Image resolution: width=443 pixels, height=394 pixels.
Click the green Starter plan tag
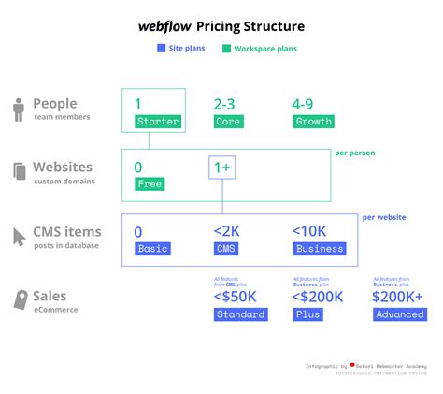click(x=156, y=122)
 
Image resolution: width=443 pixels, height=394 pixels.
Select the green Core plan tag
click(x=227, y=122)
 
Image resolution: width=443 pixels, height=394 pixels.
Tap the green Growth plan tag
click(x=313, y=122)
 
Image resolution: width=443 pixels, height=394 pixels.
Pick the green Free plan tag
click(x=150, y=184)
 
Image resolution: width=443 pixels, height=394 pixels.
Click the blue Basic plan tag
click(x=152, y=249)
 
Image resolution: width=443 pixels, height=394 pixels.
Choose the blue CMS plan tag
click(x=227, y=249)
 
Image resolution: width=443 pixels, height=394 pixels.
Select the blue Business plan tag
click(x=320, y=249)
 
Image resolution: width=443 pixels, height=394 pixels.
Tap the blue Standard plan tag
click(x=240, y=314)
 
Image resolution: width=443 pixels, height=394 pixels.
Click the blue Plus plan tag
click(x=309, y=314)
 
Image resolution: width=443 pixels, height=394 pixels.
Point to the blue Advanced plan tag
click(x=399, y=314)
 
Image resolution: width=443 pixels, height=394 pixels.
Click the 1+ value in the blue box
click(x=221, y=168)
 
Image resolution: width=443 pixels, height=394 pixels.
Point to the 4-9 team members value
click(x=309, y=104)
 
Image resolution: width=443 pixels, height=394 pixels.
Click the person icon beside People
click(x=19, y=109)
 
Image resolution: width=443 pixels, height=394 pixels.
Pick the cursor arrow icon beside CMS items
click(x=20, y=237)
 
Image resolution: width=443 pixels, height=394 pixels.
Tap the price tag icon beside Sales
click(x=20, y=300)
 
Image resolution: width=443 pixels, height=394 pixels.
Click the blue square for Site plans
click(x=161, y=48)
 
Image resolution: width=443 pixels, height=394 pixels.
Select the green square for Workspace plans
click(x=225, y=48)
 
